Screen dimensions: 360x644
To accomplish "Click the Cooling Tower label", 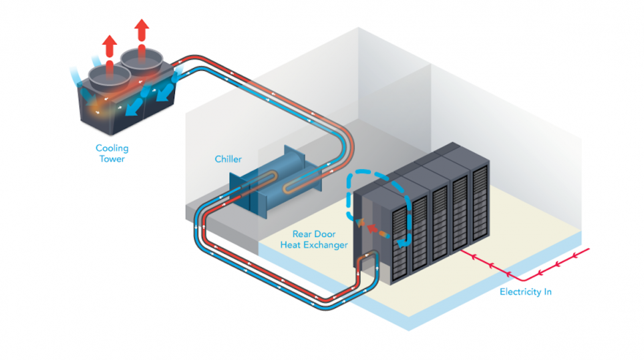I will click(112, 154).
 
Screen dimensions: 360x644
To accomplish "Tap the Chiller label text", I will click(228, 159).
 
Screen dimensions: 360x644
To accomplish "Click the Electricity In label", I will click(526, 292).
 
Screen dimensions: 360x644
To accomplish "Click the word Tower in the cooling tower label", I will click(112, 159).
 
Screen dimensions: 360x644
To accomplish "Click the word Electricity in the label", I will click(518, 292).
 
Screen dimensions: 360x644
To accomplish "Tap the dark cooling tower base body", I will click(127, 107).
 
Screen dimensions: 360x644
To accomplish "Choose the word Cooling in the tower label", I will click(112, 148).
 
